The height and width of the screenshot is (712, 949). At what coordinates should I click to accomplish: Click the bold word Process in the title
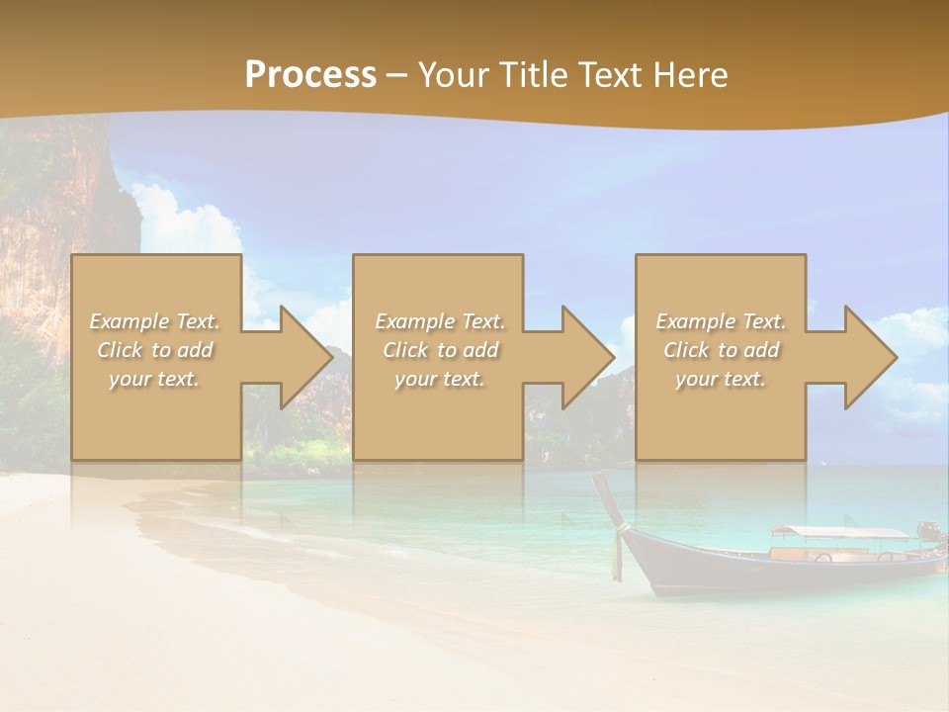pyautogui.click(x=310, y=74)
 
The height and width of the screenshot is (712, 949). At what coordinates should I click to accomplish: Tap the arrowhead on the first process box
pyautogui.click(x=301, y=357)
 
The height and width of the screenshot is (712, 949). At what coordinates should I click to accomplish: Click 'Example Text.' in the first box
pyautogui.click(x=154, y=321)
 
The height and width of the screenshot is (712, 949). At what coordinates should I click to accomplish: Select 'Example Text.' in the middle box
pyautogui.click(x=440, y=321)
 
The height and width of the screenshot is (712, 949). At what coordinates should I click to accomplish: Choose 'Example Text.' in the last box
pyautogui.click(x=721, y=321)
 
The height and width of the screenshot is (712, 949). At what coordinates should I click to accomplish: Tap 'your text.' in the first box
pyautogui.click(x=154, y=379)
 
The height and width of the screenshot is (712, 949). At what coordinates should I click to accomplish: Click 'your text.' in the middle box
pyautogui.click(x=440, y=379)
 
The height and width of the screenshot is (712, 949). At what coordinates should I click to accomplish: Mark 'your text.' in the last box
pyautogui.click(x=721, y=379)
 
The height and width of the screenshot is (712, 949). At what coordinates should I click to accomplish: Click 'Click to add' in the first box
pyautogui.click(x=154, y=350)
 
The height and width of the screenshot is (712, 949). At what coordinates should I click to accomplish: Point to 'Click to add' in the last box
pyautogui.click(x=721, y=350)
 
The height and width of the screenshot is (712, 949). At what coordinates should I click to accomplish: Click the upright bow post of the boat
pyautogui.click(x=607, y=499)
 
